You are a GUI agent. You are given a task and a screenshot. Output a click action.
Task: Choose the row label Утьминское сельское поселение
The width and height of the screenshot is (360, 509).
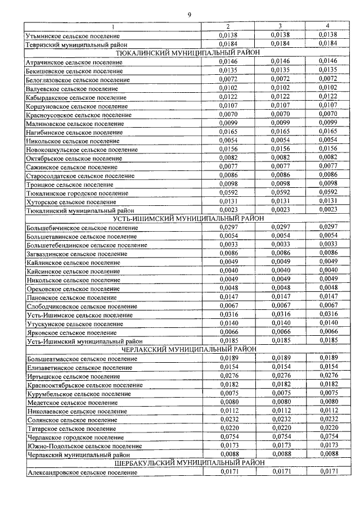click(73, 35)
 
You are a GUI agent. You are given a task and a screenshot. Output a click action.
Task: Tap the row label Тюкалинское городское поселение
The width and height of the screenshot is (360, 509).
click(73, 193)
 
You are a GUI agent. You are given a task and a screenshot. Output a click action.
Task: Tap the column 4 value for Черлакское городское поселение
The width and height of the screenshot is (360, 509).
click(327, 436)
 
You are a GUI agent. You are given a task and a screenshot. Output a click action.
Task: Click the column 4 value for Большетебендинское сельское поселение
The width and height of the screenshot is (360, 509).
click(327, 245)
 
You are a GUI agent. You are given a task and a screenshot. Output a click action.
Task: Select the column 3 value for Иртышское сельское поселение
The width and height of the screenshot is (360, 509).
click(280, 375)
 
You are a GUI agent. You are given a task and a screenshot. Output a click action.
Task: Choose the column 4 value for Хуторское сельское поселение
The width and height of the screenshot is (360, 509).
click(327, 201)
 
